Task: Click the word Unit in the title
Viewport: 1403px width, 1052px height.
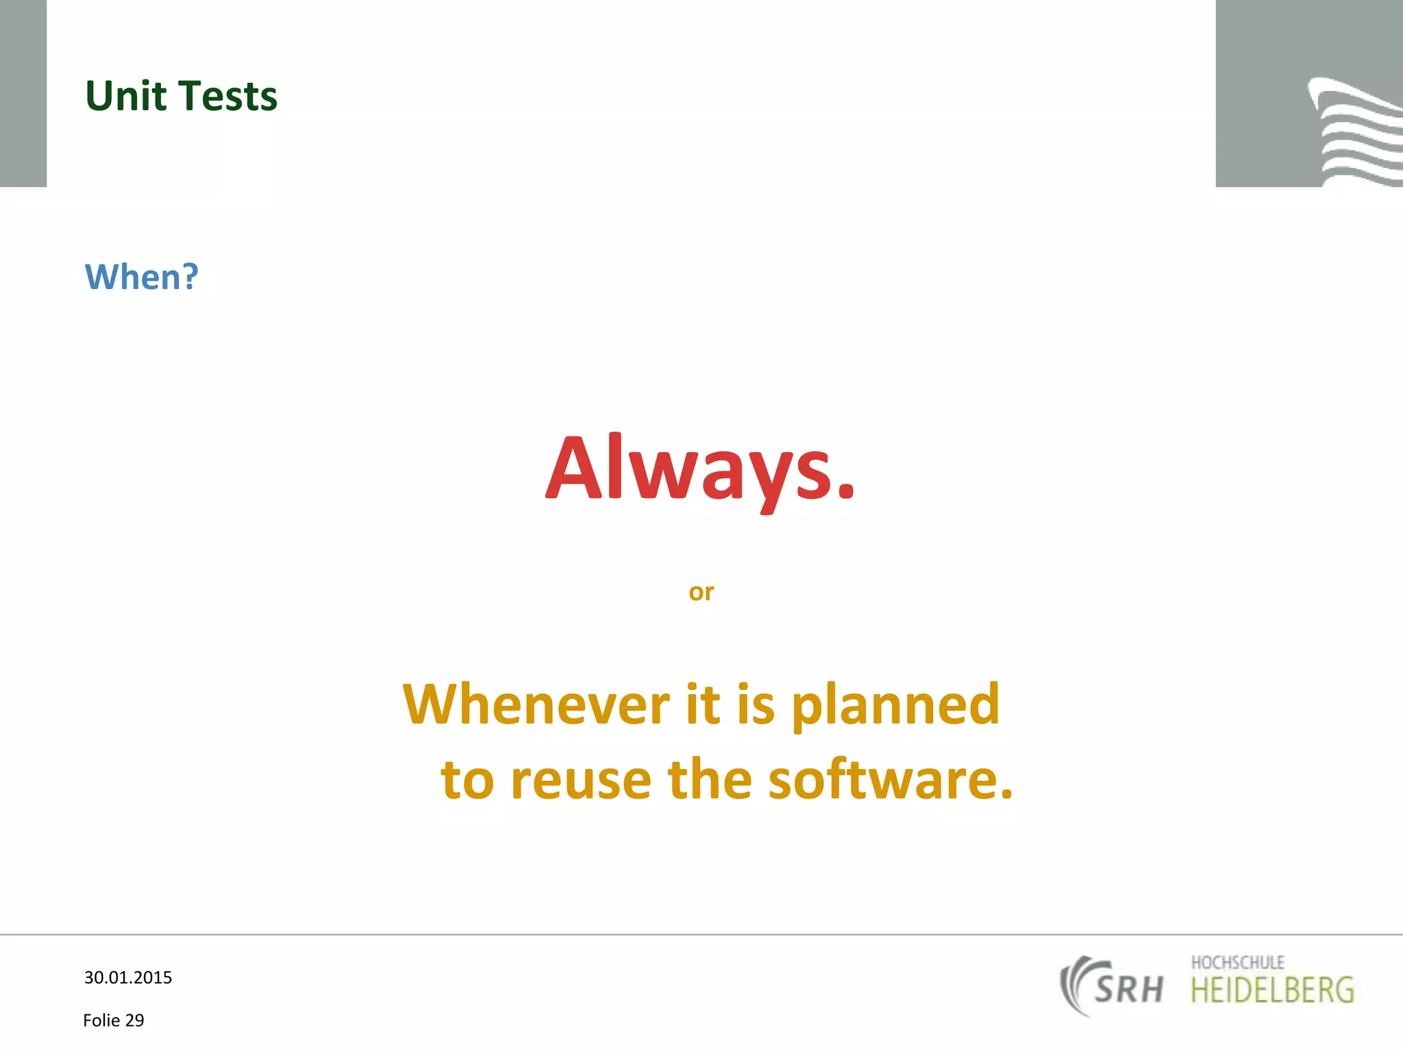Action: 125,96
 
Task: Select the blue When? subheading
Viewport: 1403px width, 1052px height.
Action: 141,277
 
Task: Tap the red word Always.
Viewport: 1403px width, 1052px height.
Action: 700,470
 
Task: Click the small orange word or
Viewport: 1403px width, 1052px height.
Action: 701,592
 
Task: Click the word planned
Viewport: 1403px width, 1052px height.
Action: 895,705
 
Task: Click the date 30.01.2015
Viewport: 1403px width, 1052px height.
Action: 128,977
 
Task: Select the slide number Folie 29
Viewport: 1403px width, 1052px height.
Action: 114,1020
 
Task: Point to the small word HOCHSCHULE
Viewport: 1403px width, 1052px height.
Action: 1237,962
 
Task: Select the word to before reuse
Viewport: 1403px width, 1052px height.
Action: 467,781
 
